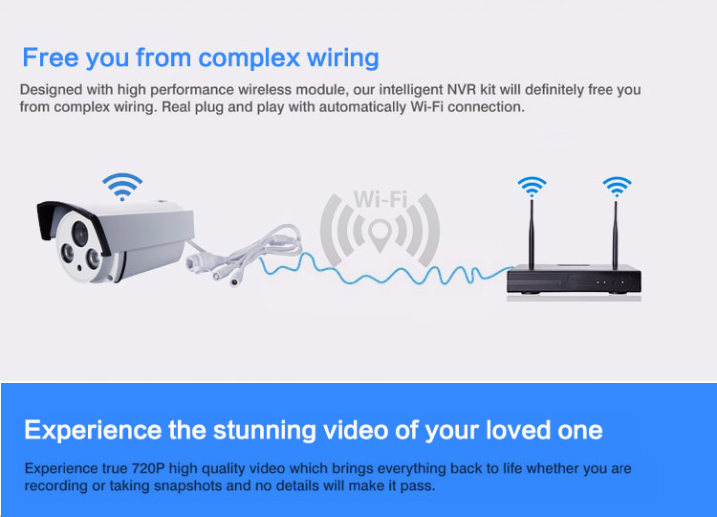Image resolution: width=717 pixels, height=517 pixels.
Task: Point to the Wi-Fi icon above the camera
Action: point(122,187)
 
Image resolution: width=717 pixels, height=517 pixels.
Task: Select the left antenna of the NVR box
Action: point(532,234)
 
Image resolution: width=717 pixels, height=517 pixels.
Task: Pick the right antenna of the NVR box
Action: point(616,235)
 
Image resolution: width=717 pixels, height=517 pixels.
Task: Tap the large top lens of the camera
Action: point(80,233)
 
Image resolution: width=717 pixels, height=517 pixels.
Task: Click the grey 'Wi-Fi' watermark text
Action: point(380,199)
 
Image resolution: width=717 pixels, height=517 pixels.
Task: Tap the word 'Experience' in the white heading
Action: point(93,431)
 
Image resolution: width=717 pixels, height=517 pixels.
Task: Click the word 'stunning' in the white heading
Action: point(264,431)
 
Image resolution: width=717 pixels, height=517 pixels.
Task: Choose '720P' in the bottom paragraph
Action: point(148,468)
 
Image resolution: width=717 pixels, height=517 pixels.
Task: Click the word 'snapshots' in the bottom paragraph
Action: point(188,485)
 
